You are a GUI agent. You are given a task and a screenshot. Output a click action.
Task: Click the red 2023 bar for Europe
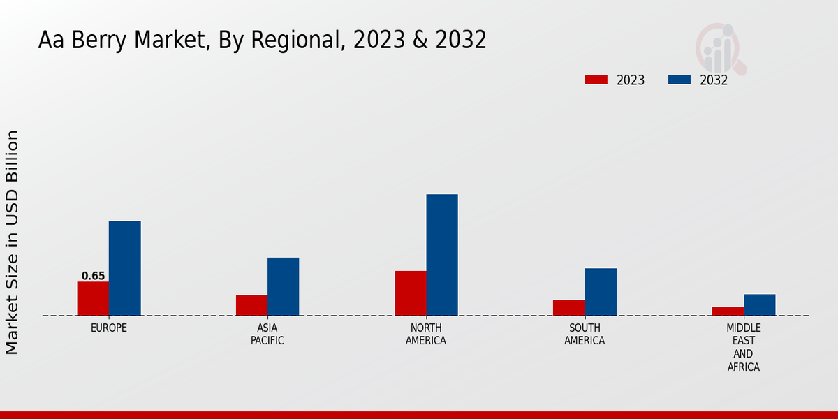click(93, 298)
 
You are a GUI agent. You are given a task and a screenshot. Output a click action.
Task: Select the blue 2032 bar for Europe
click(124, 268)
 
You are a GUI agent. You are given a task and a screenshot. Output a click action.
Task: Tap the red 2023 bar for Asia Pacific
click(251, 305)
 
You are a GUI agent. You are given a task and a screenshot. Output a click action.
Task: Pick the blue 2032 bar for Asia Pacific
click(283, 286)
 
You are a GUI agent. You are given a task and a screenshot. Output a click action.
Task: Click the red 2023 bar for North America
click(411, 293)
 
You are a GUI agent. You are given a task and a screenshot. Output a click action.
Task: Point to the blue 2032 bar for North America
click(442, 255)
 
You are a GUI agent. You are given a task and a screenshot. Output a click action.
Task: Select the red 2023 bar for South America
click(569, 307)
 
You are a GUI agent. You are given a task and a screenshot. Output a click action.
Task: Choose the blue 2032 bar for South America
click(601, 292)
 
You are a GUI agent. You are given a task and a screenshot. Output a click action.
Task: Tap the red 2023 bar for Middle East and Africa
click(728, 311)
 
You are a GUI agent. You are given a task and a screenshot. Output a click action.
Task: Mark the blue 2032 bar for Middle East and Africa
click(759, 304)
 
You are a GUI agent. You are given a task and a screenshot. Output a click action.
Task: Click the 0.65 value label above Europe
click(93, 276)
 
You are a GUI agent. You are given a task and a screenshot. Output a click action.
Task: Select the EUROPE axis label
click(109, 328)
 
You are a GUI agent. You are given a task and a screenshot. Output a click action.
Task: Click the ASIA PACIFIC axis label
click(267, 334)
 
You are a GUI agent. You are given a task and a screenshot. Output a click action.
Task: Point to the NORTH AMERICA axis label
click(426, 334)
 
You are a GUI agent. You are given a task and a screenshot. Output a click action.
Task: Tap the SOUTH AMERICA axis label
click(585, 334)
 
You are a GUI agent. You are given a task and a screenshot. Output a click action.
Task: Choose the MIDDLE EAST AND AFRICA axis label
click(744, 347)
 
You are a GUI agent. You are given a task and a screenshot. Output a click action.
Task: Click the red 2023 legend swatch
click(596, 80)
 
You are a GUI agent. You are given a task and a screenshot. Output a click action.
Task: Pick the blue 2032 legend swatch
click(679, 80)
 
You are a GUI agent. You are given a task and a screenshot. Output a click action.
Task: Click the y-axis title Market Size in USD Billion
click(13, 242)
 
